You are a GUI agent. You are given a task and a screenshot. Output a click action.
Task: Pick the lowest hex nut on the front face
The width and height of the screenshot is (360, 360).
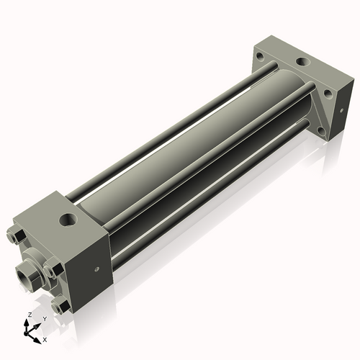(64, 307)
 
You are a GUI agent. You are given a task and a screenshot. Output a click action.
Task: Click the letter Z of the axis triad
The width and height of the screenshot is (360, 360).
(28, 315)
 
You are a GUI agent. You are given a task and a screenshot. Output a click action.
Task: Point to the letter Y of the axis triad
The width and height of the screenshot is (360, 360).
(44, 318)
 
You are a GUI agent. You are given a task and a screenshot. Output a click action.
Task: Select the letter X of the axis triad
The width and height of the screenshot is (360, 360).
(45, 338)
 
